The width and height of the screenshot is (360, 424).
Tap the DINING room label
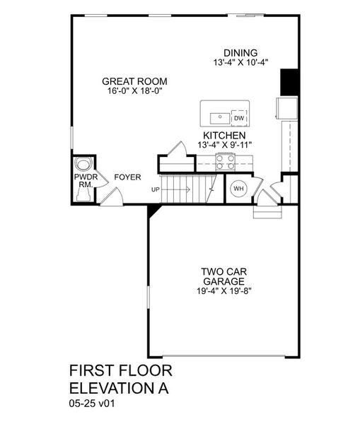240,52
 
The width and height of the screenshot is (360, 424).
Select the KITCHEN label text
224,135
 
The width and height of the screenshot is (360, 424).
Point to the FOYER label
127,177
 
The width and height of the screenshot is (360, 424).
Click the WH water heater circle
238,188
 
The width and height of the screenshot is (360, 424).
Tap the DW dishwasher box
239,118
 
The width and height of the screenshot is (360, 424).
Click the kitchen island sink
218,114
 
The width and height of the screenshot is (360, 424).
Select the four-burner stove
224,163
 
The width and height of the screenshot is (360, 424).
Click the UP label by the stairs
155,189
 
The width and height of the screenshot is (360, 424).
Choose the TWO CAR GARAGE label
223,276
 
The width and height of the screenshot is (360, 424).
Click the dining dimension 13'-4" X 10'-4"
240,62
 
